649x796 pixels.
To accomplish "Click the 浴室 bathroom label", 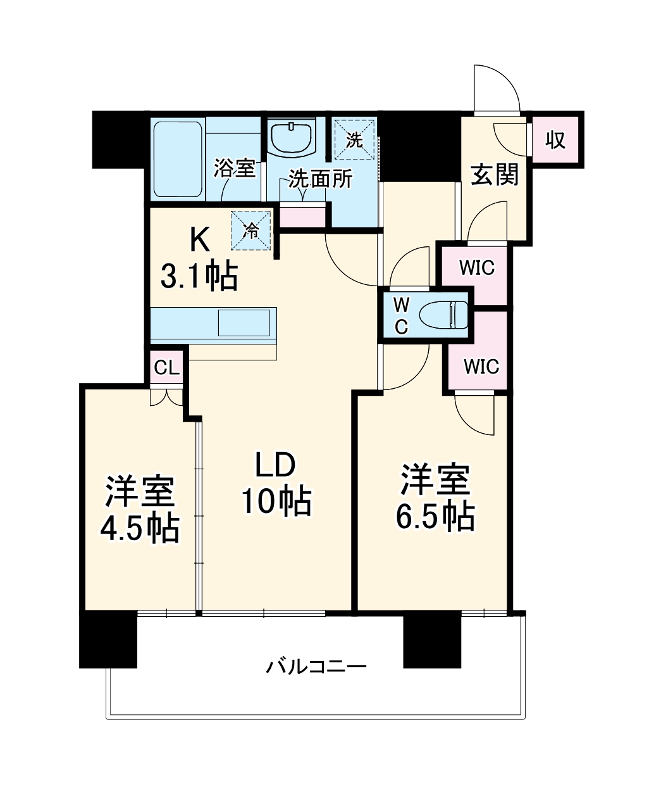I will [x=234, y=168].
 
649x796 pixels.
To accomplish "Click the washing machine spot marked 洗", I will [x=354, y=139].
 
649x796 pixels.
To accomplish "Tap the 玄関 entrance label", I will [x=495, y=174].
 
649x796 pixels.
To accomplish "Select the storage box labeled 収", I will [x=555, y=140].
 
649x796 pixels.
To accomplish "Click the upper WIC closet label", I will [x=476, y=268].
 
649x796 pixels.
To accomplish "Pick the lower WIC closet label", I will [x=481, y=367].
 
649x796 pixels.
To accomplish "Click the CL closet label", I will [x=167, y=367].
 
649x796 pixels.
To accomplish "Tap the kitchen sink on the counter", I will [x=244, y=323].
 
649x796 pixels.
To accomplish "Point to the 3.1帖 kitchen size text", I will [x=199, y=276].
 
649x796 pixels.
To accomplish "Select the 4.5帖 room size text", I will [x=140, y=528].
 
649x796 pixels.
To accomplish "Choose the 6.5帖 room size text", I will [x=435, y=517].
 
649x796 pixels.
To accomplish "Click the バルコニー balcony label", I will [x=316, y=666].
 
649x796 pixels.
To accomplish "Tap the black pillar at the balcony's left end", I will [x=108, y=639].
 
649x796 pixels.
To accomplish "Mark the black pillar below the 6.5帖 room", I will [x=432, y=641].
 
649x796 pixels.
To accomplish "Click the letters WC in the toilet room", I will [x=401, y=315].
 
